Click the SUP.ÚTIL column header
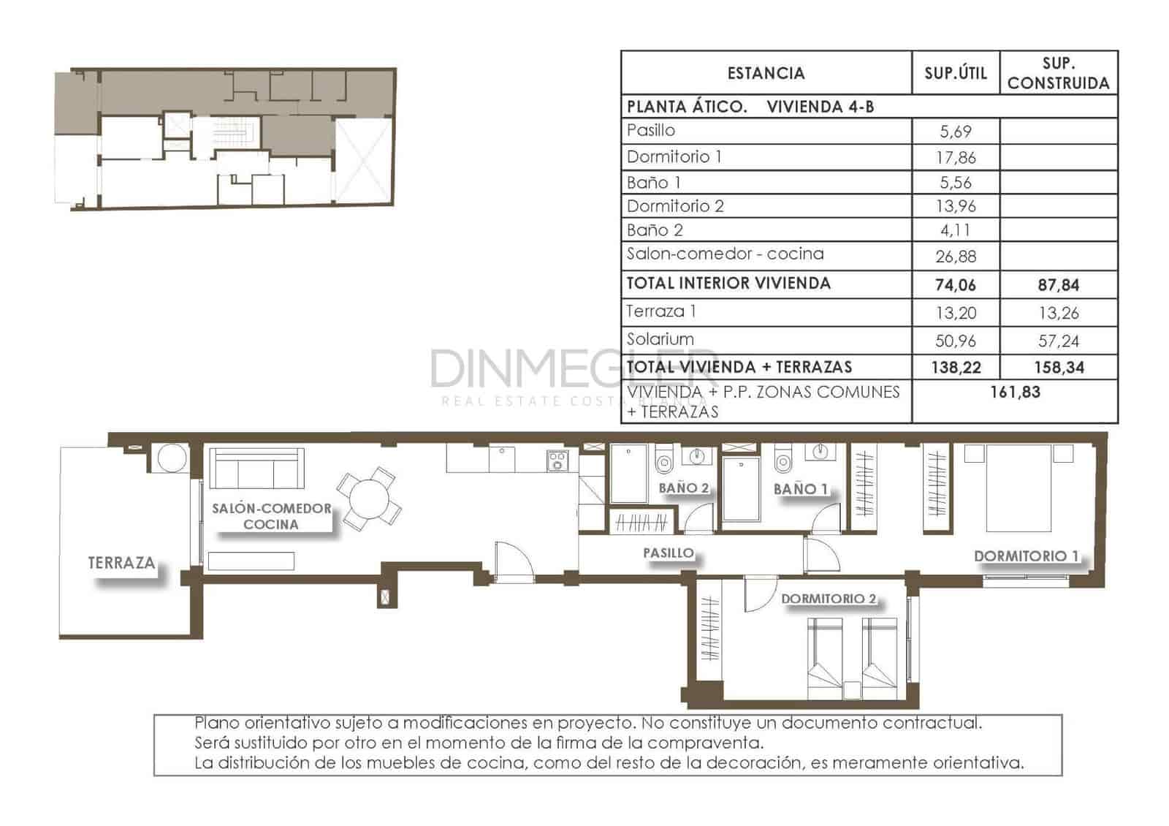955,72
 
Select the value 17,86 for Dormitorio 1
956,157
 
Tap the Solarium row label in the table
660,339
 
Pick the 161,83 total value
1015,392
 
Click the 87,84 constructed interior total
1058,285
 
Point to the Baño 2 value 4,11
956,230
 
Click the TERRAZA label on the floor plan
121,563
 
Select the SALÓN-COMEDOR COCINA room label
271,516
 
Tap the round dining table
369,499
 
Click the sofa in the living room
256,469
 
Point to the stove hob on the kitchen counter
557,460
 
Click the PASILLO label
668,553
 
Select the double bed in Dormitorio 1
1018,488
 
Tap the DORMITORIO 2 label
828,599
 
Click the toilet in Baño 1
782,461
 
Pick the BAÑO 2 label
683,488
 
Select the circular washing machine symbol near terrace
172,459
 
